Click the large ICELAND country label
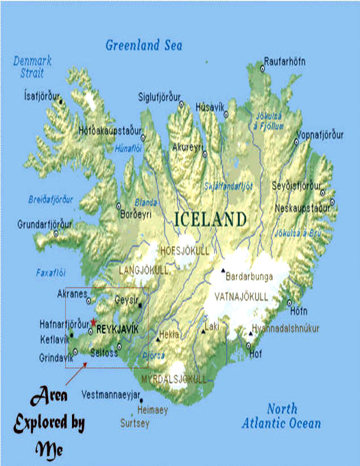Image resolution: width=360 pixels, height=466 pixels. coord(210,219)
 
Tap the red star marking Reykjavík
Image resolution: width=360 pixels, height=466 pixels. coord(94,322)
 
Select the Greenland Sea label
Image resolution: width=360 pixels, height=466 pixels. coord(144,45)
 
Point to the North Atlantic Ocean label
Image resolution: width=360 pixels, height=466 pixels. coord(281,416)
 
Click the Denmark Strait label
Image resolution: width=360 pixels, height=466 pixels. coord(32,67)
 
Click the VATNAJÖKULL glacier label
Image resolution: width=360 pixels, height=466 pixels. coord(241,296)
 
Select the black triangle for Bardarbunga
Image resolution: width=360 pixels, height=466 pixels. coord(223,270)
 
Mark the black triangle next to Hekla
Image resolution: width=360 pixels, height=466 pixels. coord(158,340)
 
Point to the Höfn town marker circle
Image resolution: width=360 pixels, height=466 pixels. coord(289,303)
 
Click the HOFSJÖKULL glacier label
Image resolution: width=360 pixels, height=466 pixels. coord(185,251)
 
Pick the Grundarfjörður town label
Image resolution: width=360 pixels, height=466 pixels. coord(45,224)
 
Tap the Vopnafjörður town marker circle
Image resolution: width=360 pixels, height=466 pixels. coord(296,142)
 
